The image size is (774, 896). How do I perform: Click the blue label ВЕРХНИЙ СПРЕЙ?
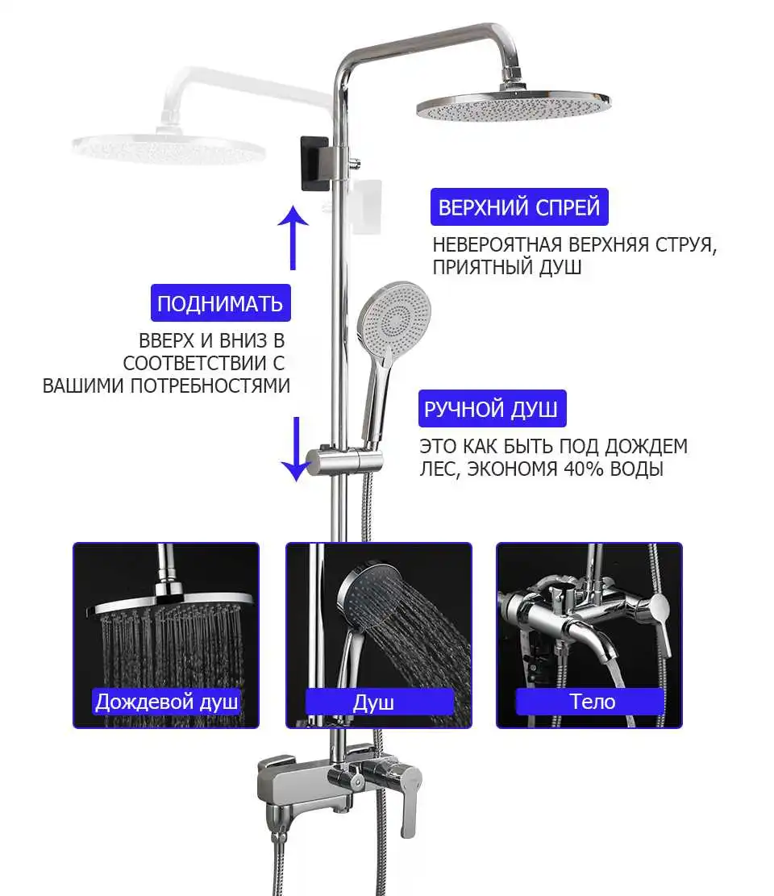pyautogui.click(x=519, y=206)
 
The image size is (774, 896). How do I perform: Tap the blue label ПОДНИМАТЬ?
pyautogui.click(x=220, y=303)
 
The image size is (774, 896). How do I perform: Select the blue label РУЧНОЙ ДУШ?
pyautogui.click(x=492, y=409)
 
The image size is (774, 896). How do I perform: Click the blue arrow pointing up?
pyautogui.click(x=293, y=238)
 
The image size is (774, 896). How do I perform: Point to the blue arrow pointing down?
pyautogui.click(x=297, y=449)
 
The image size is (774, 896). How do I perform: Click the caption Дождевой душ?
pyautogui.click(x=166, y=701)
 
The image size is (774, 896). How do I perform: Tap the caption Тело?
pyautogui.click(x=592, y=701)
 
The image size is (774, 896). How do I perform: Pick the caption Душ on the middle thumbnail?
pyautogui.click(x=373, y=702)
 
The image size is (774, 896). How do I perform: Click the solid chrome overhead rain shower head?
pyautogui.click(x=514, y=105)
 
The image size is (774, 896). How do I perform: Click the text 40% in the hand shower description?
pyautogui.click(x=585, y=469)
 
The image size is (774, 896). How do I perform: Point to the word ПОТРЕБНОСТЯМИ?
pyautogui.click(x=210, y=385)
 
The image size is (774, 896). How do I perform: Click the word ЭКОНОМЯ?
pyautogui.click(x=512, y=469)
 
